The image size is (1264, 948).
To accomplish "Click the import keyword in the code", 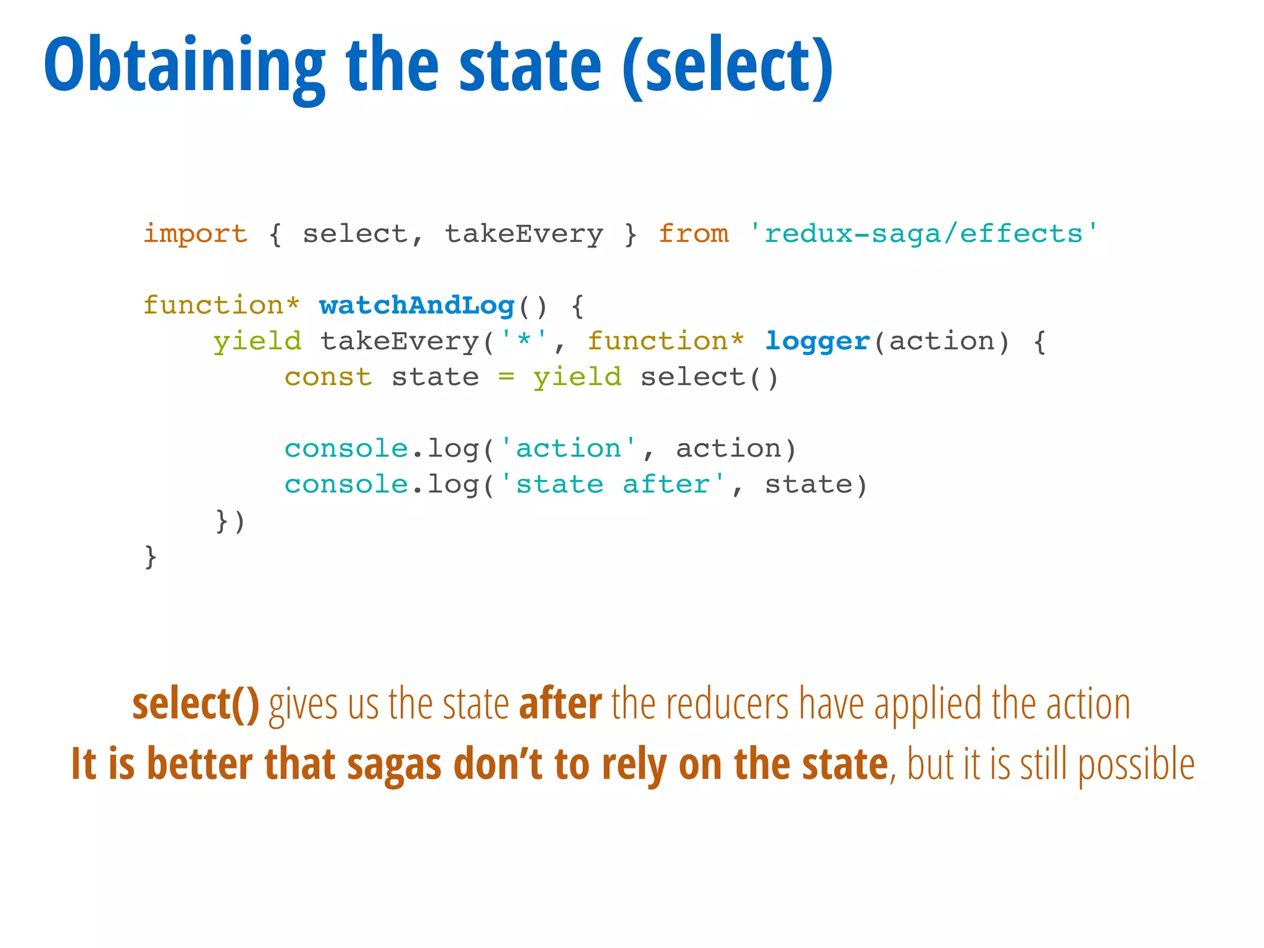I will click(x=196, y=234).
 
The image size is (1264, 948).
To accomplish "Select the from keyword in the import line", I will click(x=694, y=234).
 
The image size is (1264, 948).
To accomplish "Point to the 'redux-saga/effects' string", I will click(x=924, y=234).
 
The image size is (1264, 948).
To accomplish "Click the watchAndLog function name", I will click(x=417, y=306).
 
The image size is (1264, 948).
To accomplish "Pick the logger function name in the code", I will click(x=817, y=341).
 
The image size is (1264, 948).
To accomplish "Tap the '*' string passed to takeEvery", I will click(x=524, y=341).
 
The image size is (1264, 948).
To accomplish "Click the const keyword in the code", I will click(x=328, y=377).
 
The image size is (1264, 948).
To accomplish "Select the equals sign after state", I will click(x=506, y=377).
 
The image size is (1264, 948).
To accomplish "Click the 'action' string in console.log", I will click(x=568, y=449).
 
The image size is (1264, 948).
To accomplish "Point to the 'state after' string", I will click(x=612, y=484).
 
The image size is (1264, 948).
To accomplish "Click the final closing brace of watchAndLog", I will click(x=150, y=556).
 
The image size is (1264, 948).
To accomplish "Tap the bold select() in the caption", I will click(x=196, y=704).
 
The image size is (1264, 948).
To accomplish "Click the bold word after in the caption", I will click(x=560, y=704).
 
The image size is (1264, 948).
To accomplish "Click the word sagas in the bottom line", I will click(x=394, y=765).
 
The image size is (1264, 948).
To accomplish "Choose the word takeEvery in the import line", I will click(x=524, y=234).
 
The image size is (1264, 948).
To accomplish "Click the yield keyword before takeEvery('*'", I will click(x=257, y=341).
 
